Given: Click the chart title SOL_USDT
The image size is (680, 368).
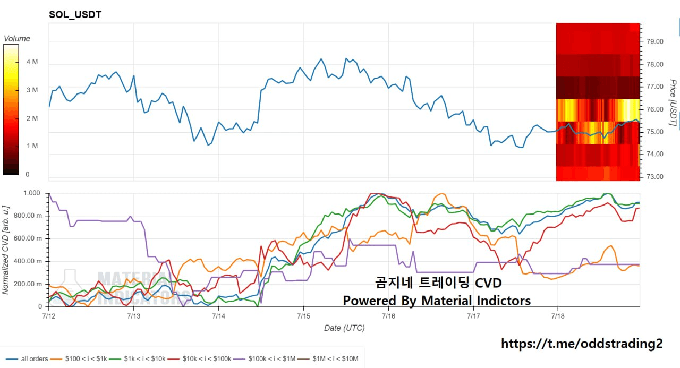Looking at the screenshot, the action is point(75,14).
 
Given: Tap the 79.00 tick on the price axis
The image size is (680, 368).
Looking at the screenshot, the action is point(655,41).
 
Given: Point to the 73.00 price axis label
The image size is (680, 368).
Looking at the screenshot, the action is point(655,177).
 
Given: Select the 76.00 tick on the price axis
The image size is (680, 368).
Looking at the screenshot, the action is point(655,109).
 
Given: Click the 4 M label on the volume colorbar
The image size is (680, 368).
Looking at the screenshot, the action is point(32,62).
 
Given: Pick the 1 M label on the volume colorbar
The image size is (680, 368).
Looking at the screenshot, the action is point(32,146).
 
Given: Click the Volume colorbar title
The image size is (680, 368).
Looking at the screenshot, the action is point(17,39).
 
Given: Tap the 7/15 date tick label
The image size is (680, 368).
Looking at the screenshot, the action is point(303,316).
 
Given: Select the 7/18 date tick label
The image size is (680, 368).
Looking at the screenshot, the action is point(558,316).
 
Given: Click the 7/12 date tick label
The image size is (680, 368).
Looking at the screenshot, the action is point(49,316).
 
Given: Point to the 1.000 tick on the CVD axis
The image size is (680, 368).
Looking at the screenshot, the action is point(31,193).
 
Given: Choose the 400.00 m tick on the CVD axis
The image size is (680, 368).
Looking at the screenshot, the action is point(28,261).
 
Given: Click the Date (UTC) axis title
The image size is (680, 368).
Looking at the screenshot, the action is point(345,328).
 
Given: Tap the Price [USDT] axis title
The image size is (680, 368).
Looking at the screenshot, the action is point(673,102).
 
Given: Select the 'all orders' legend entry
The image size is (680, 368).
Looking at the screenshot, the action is point(27,359).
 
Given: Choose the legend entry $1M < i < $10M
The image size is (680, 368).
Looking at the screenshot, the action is point(328,359).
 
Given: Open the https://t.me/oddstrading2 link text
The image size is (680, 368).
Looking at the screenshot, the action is point(582,344).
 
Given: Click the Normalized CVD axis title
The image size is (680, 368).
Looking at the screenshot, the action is point(5,250).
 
